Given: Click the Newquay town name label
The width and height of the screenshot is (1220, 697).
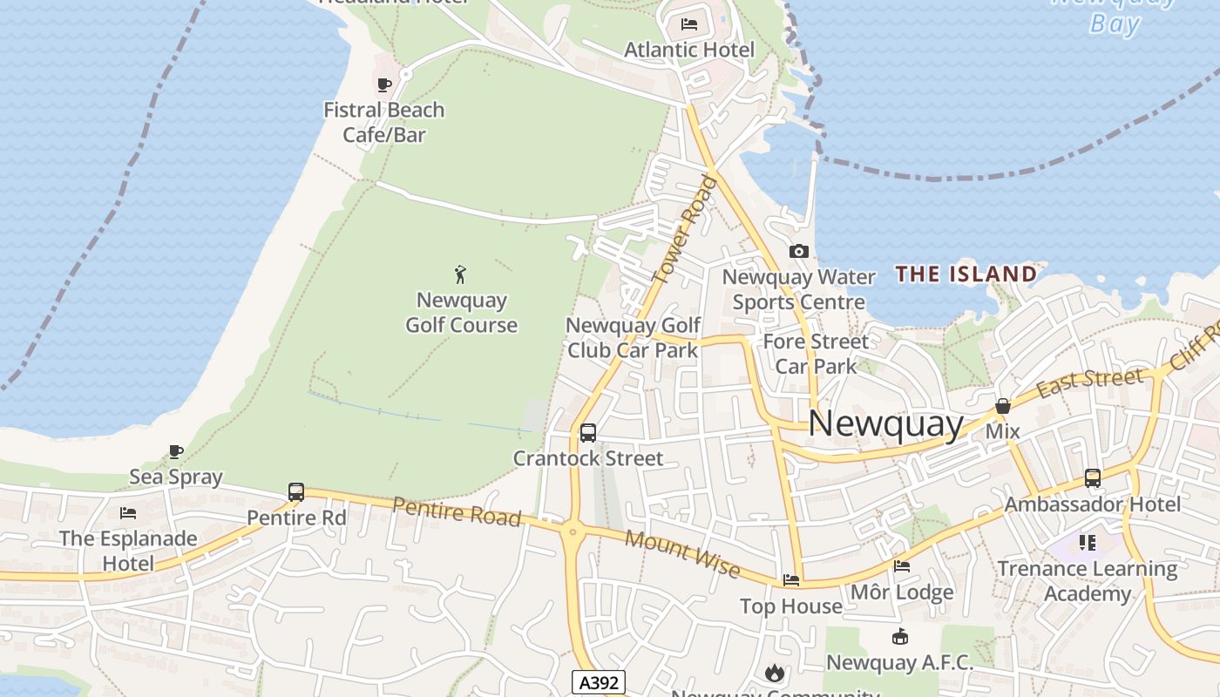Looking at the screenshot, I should tap(885, 424).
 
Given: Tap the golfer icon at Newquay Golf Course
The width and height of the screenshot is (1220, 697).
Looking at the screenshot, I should tap(461, 274).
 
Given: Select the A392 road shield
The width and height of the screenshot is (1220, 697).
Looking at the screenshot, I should tap(599, 682).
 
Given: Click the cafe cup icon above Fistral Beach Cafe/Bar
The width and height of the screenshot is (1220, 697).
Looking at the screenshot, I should tap(383, 85).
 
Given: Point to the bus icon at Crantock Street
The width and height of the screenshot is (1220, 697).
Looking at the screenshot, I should tap(588, 432).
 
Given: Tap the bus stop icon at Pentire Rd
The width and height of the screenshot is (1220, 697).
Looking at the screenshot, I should tap(296, 492).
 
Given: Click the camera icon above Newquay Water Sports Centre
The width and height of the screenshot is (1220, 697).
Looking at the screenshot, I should tap(798, 252).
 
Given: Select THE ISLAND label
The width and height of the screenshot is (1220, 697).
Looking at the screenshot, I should tap(966, 274).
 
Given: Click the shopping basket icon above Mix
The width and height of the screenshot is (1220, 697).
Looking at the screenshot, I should tap(1003, 406).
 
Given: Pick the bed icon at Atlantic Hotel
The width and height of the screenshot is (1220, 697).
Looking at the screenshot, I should tap(689, 24).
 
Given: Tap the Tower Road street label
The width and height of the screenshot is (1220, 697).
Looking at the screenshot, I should tap(685, 230).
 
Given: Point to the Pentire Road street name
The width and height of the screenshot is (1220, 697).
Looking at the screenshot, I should tap(456, 511).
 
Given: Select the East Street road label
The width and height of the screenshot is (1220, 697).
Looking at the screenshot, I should tap(1089, 382).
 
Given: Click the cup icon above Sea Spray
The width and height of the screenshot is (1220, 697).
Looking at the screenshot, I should tap(176, 451).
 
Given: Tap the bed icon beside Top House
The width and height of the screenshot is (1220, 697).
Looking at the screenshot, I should tap(791, 580).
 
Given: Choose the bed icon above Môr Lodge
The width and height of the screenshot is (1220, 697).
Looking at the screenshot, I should tap(902, 566).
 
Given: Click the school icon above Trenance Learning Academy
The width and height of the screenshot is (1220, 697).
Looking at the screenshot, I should tap(1087, 543).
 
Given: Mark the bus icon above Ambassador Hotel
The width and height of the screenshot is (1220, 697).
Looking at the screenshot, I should tap(1093, 478).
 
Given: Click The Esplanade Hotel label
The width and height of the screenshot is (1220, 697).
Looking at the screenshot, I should tap(128, 551).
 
